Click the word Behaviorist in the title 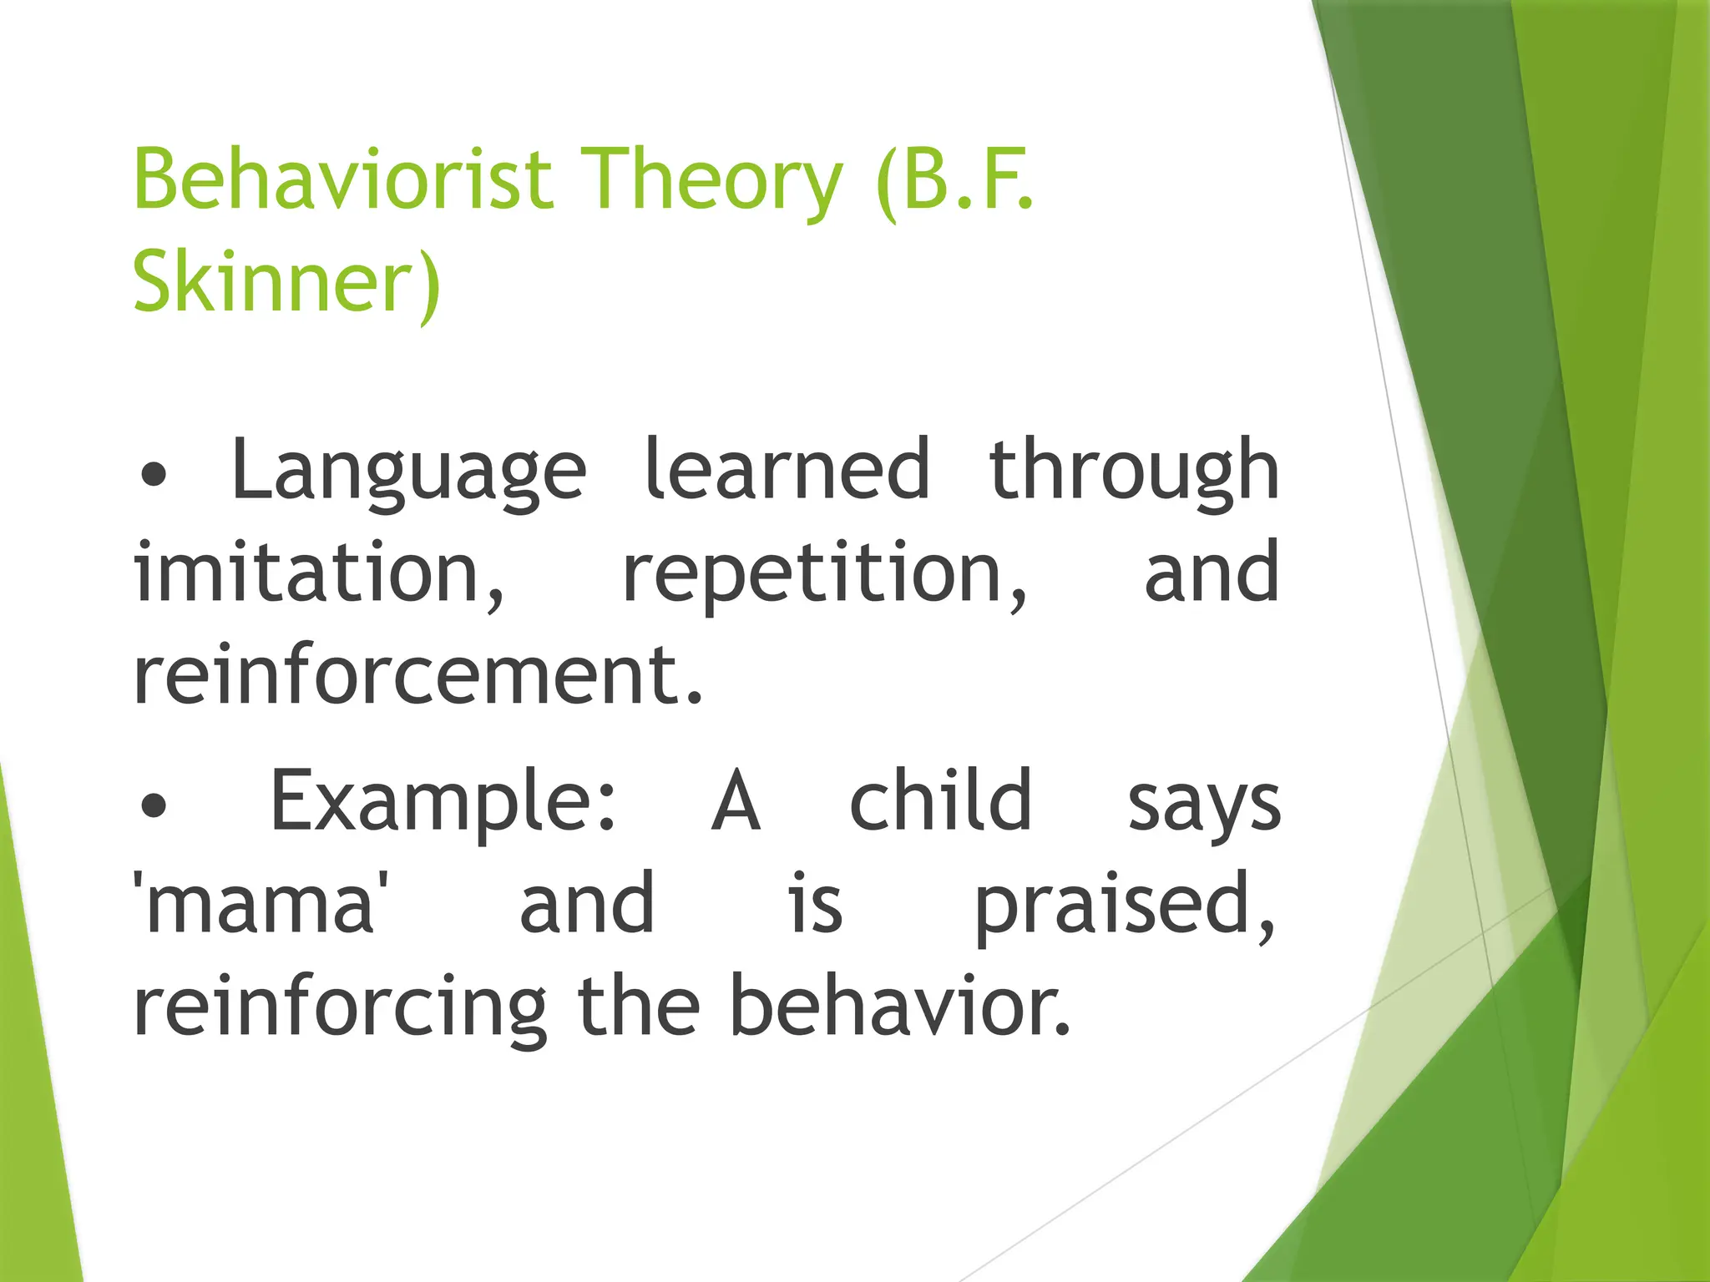tap(343, 179)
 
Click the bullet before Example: tap(154, 805)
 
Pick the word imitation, tap(320, 574)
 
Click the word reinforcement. tap(417, 674)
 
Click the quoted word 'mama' tap(261, 903)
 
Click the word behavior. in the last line tap(899, 1006)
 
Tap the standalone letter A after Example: tap(736, 801)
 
